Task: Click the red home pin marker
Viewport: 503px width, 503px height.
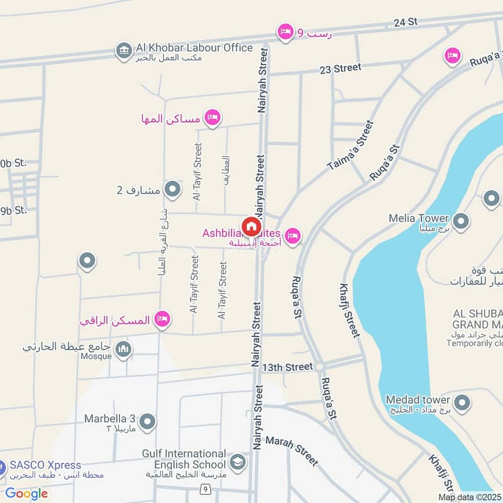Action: point(251,226)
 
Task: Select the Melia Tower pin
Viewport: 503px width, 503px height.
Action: point(462,222)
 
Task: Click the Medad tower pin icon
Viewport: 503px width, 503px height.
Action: point(462,403)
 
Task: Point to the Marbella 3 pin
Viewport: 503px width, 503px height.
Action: point(148,421)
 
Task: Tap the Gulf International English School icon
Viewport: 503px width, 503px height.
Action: point(238,462)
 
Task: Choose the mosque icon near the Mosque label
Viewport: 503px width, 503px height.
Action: point(124,349)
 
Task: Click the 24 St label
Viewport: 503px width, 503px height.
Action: point(406,23)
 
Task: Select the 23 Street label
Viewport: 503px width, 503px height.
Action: point(340,68)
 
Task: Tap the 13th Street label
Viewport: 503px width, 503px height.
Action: point(287,367)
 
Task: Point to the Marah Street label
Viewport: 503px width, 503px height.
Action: point(291,450)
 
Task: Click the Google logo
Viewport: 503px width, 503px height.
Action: point(26,494)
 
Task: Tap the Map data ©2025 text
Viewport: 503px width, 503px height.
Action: point(469,497)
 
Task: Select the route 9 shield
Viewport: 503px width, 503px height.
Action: point(205,488)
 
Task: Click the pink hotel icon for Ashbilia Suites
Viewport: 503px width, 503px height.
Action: point(292,236)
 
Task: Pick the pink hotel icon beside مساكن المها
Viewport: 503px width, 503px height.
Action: point(213,117)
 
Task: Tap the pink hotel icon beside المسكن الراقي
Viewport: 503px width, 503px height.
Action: point(163,319)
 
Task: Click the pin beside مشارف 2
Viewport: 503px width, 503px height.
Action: point(172,189)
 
